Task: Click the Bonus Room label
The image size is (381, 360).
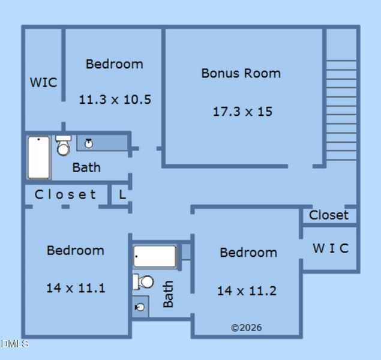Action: point(241,73)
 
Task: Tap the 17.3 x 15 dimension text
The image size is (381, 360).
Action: point(242,111)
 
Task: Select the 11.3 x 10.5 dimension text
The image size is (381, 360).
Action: point(115,100)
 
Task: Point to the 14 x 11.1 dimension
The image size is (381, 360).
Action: point(76,288)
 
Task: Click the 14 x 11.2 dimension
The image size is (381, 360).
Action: point(247,291)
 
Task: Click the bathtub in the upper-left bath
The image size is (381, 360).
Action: point(38,157)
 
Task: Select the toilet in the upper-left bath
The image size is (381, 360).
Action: point(63,146)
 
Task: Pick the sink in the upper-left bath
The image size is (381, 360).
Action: point(89,143)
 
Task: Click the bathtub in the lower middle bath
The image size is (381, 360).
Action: point(155,256)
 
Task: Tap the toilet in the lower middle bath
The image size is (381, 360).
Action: point(144,281)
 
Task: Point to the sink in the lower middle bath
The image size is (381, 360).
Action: point(140,307)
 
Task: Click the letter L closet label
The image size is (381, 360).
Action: point(122,194)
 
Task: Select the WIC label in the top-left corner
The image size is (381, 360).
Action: point(43,82)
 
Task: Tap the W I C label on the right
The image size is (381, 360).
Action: point(330,248)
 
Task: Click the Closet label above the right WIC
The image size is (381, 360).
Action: point(328,215)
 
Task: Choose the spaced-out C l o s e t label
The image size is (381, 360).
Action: point(65,194)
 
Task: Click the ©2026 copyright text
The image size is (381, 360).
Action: point(246,328)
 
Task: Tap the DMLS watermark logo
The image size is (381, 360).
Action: point(14,344)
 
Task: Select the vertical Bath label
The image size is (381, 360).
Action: point(169,294)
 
